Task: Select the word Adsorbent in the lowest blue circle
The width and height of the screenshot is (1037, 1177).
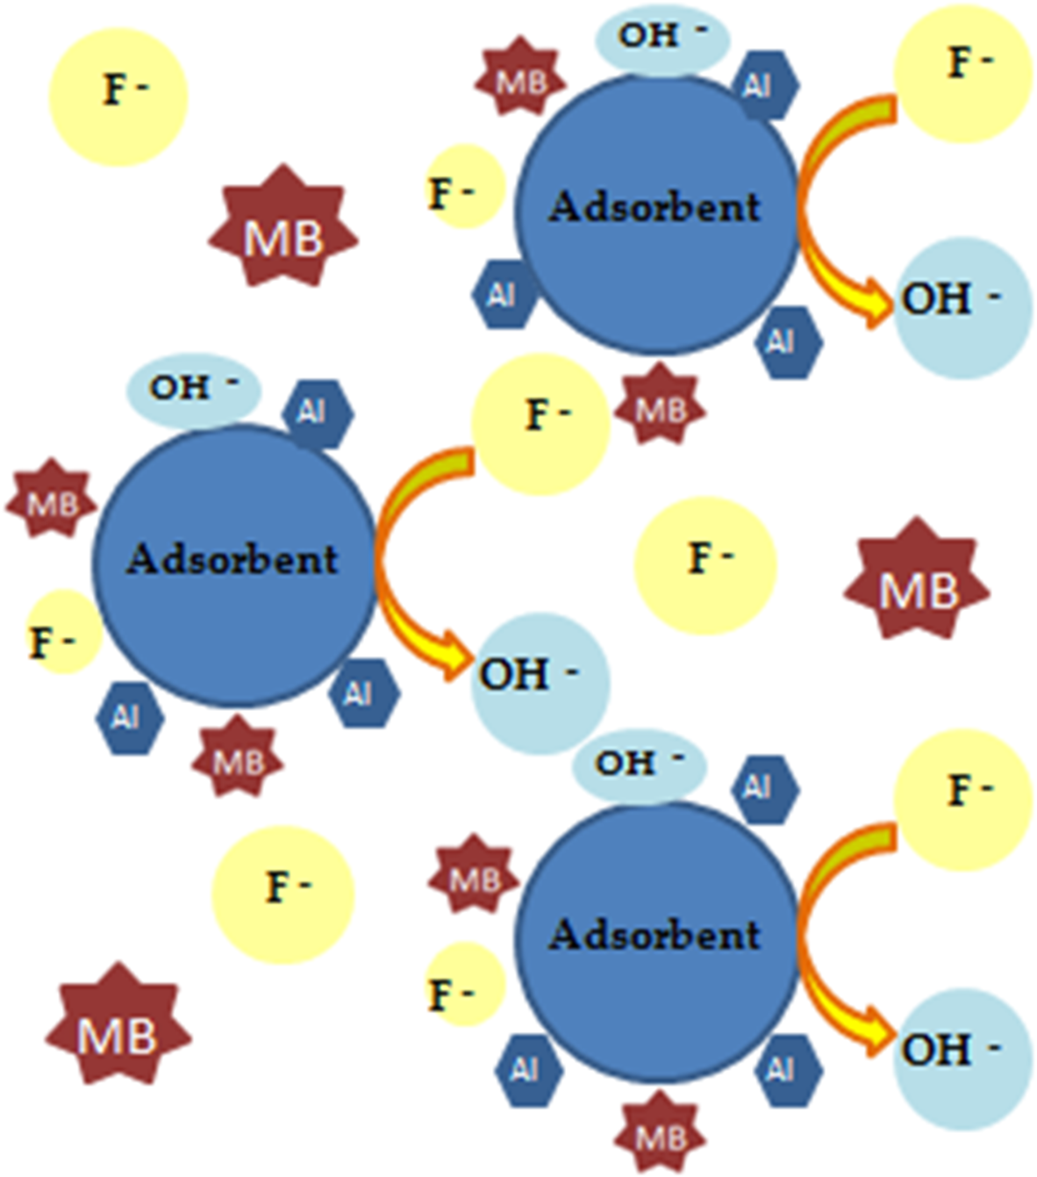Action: [654, 934]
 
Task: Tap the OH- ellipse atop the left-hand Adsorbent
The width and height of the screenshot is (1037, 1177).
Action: [194, 389]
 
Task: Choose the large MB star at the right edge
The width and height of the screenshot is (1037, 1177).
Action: [917, 579]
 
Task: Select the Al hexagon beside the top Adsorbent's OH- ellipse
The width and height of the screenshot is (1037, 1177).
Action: [764, 85]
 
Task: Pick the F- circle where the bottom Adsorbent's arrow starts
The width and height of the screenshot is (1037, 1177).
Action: [963, 800]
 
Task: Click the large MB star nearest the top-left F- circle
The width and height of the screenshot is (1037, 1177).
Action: [282, 227]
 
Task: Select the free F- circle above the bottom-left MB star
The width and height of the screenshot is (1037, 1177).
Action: [282, 894]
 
